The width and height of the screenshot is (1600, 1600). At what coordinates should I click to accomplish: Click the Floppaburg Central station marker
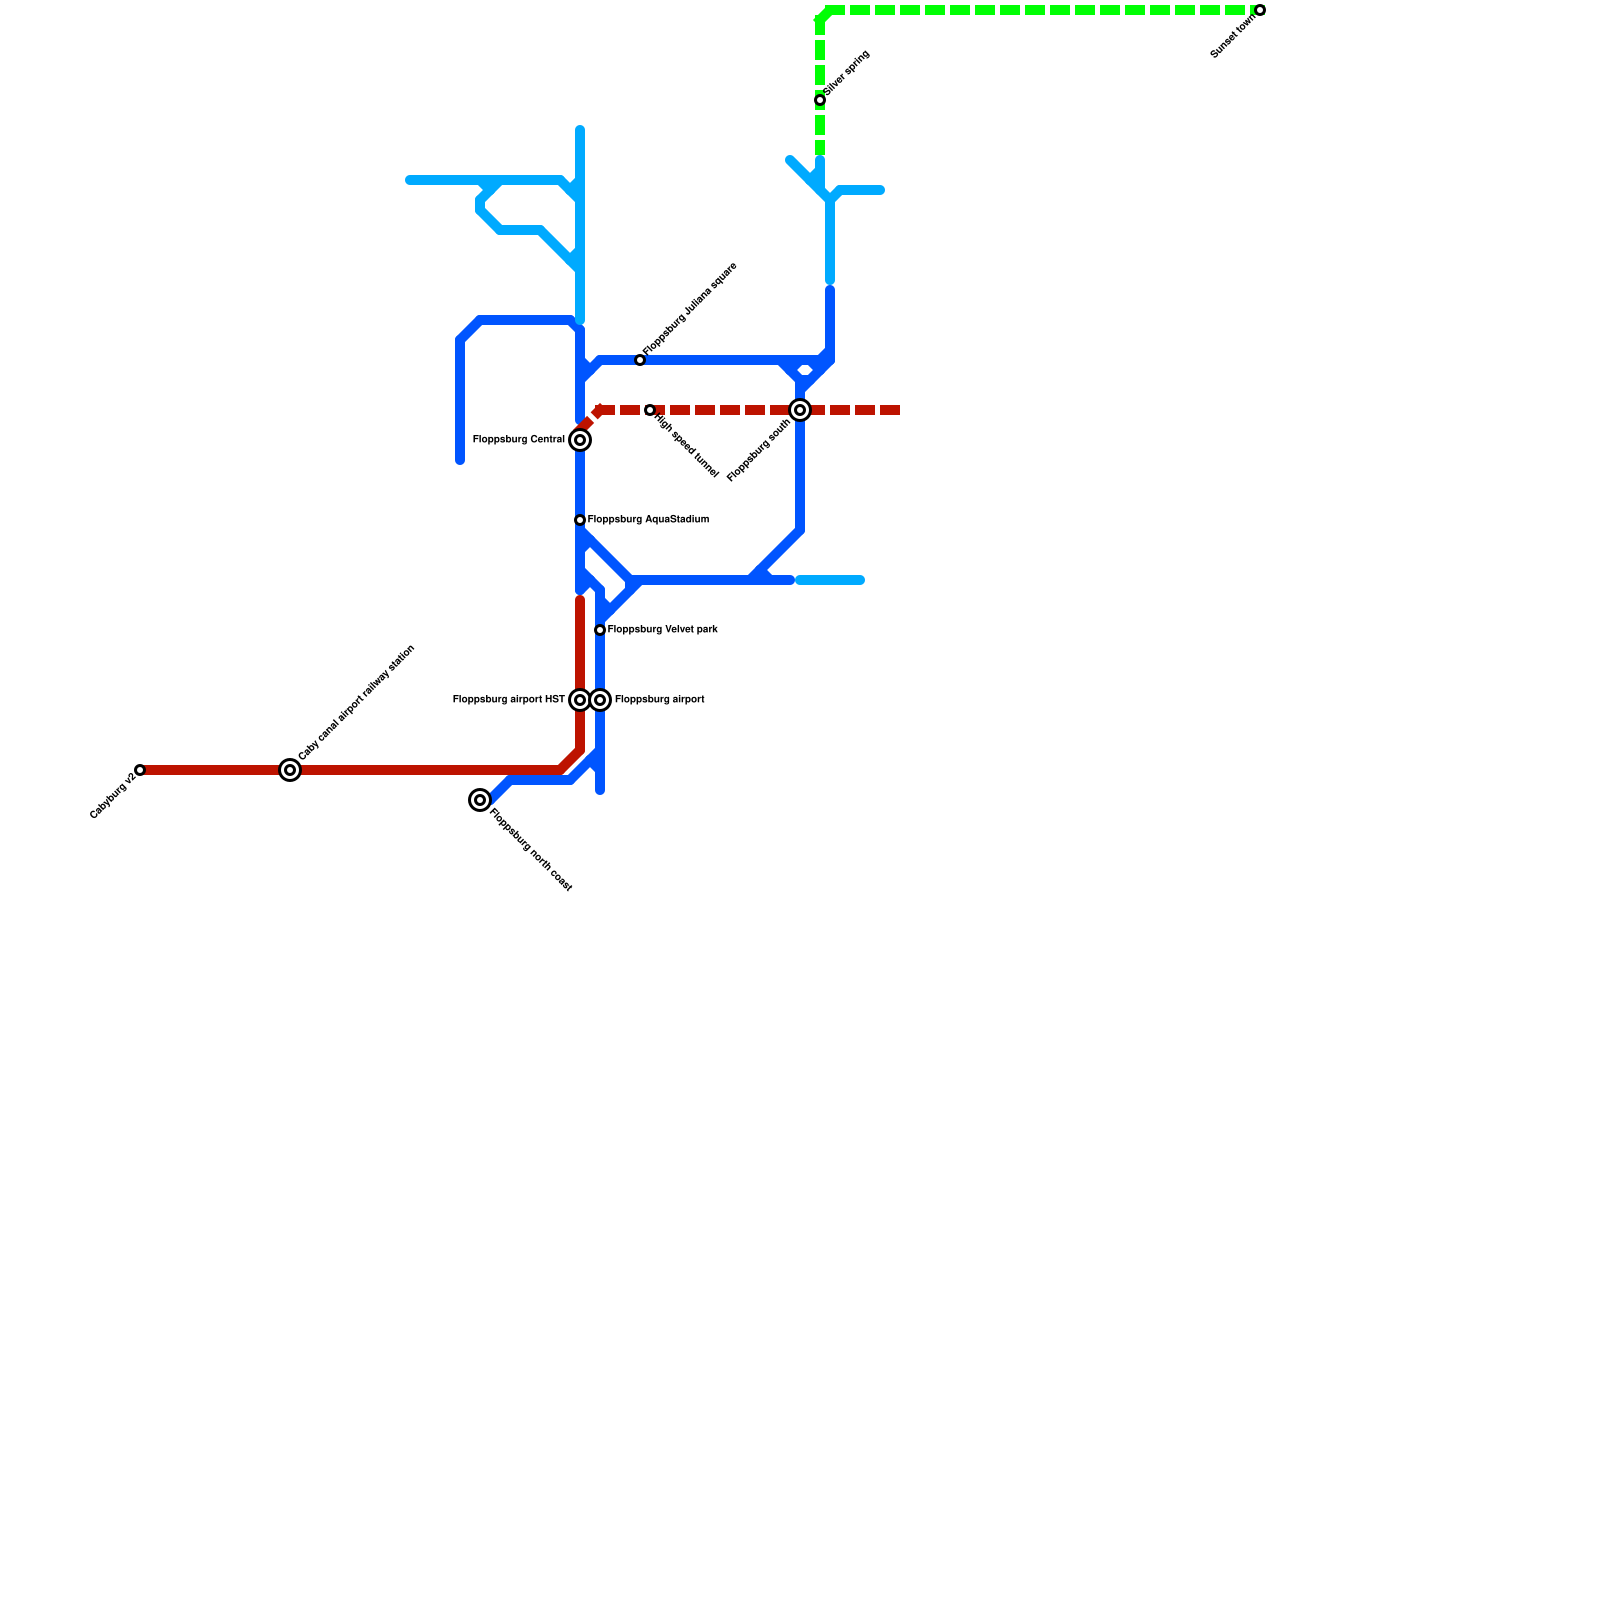pyautogui.click(x=580, y=440)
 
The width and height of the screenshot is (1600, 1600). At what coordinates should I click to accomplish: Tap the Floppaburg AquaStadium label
pyautogui.click(x=647, y=520)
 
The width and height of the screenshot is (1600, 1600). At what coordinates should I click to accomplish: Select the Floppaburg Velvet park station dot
pyautogui.click(x=600, y=630)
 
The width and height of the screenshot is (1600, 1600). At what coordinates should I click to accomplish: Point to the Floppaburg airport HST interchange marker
pyautogui.click(x=580, y=700)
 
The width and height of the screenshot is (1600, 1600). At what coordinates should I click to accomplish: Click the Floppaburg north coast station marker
pyautogui.click(x=480, y=800)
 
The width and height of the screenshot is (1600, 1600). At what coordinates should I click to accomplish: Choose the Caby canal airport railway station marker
pyautogui.click(x=290, y=770)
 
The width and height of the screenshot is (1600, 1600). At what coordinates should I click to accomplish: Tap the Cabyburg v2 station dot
pyautogui.click(x=140, y=770)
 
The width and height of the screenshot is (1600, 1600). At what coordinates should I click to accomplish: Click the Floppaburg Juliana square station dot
pyautogui.click(x=640, y=360)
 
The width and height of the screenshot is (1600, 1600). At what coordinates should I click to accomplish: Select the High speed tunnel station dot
pyautogui.click(x=650, y=410)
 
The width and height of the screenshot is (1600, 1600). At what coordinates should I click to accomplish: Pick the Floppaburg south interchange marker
pyautogui.click(x=800, y=410)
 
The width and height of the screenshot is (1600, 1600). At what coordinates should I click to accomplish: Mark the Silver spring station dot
pyautogui.click(x=820, y=100)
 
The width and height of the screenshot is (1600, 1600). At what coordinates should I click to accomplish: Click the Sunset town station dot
pyautogui.click(x=1260, y=10)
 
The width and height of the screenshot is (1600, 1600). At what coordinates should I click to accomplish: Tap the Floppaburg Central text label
pyautogui.click(x=518, y=440)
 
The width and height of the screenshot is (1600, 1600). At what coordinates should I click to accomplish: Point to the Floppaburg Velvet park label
pyautogui.click(x=662, y=630)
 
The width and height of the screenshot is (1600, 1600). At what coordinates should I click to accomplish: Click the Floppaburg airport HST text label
pyautogui.click(x=508, y=700)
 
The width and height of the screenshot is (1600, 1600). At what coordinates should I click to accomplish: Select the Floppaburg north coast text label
pyautogui.click(x=531, y=849)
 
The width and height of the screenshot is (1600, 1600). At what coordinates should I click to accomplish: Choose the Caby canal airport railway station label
pyautogui.click(x=356, y=703)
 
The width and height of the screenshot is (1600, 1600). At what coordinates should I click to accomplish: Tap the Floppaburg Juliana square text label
pyautogui.click(x=690, y=308)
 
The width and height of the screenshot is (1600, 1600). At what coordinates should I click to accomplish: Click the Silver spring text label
pyautogui.click(x=847, y=72)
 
